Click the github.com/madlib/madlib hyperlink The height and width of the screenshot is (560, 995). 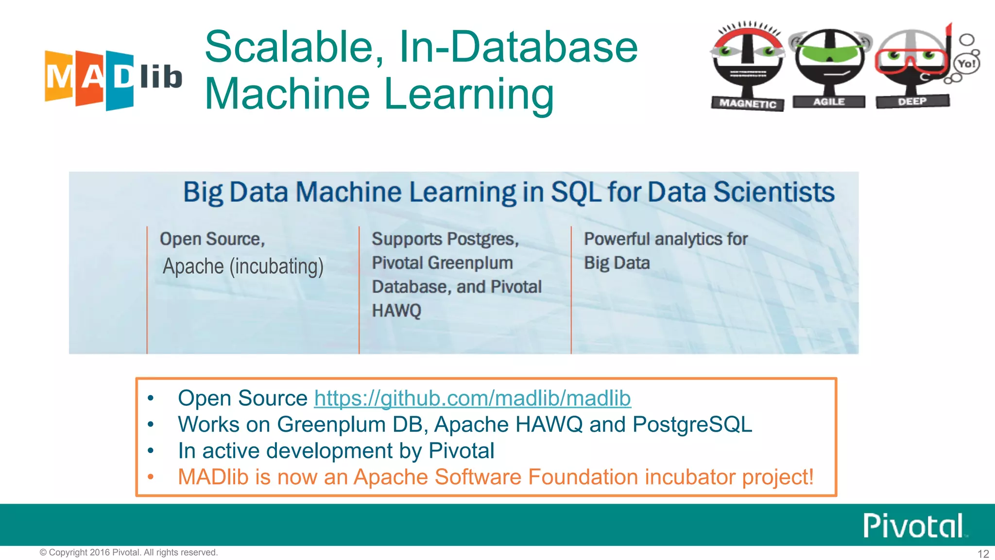pyautogui.click(x=472, y=399)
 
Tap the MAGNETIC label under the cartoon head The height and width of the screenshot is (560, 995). pyautogui.click(x=747, y=104)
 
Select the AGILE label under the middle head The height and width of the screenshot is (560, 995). pyautogui.click(x=829, y=102)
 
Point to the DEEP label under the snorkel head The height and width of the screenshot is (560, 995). pyautogui.click(x=912, y=102)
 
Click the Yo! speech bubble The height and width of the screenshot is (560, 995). pyautogui.click(x=966, y=64)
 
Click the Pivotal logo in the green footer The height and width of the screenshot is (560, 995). pyautogui.click(x=913, y=525)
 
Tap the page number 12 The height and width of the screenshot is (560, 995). pyautogui.click(x=983, y=554)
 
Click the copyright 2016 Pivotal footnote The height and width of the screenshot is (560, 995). pyautogui.click(x=129, y=553)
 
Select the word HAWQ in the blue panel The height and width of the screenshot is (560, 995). pyautogui.click(x=396, y=311)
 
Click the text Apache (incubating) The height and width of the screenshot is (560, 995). pyautogui.click(x=243, y=266)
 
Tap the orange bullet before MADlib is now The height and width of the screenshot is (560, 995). pyautogui.click(x=151, y=477)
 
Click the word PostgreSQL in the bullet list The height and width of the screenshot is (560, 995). pyautogui.click(x=692, y=424)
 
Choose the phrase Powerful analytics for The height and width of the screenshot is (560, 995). pyautogui.click(x=666, y=239)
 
